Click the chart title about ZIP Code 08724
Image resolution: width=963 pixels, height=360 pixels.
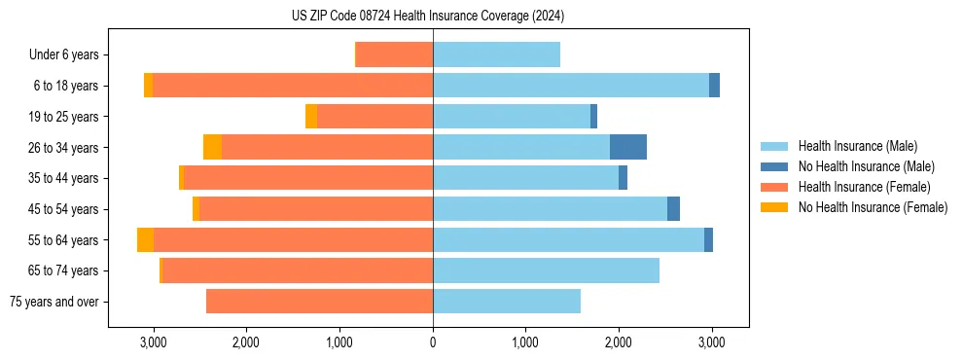pyautogui.click(x=428, y=16)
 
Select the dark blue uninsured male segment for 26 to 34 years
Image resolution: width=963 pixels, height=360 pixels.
pyautogui.click(x=628, y=147)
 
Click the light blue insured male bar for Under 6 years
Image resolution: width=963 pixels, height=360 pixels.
pyautogui.click(x=496, y=54)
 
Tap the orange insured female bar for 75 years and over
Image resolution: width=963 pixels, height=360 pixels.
pyautogui.click(x=319, y=302)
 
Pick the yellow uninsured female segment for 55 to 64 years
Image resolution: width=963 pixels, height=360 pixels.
pyautogui.click(x=145, y=240)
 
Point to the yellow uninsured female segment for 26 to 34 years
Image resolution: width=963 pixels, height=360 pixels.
pyautogui.click(x=212, y=147)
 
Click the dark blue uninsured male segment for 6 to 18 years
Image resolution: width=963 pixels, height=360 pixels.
pyautogui.click(x=714, y=86)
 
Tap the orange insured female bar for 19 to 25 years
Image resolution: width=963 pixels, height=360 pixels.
pyautogui.click(x=374, y=117)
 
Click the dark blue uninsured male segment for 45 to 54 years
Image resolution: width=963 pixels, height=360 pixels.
pyautogui.click(x=673, y=209)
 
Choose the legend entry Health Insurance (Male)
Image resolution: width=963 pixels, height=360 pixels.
pyautogui.click(x=857, y=146)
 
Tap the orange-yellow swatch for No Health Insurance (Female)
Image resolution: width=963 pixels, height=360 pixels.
pyautogui.click(x=774, y=207)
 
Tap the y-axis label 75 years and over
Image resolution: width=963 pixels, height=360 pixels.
pyautogui.click(x=54, y=302)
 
